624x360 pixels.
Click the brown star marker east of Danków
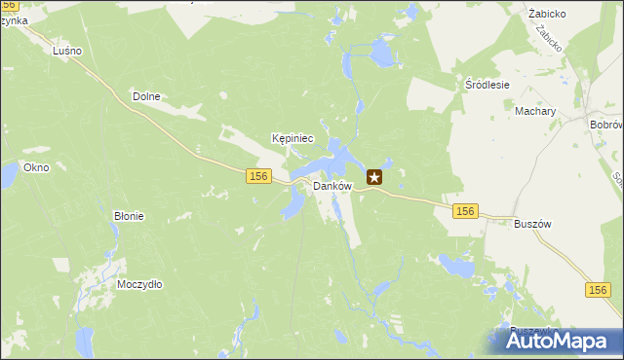[x=374, y=177]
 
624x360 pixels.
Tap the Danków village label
[x=331, y=186]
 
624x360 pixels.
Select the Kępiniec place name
[x=292, y=139]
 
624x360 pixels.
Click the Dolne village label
[x=145, y=96]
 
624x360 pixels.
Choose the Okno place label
[x=36, y=167]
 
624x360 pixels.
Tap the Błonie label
[x=129, y=216]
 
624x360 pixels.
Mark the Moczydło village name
[x=139, y=284]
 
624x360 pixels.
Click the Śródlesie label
[x=487, y=85]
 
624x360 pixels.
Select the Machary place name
[x=535, y=112]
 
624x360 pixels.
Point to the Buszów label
[x=532, y=223]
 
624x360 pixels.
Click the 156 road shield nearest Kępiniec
[x=257, y=175]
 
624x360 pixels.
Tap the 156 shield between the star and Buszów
[x=465, y=210]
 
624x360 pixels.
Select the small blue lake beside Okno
[x=8, y=176]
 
